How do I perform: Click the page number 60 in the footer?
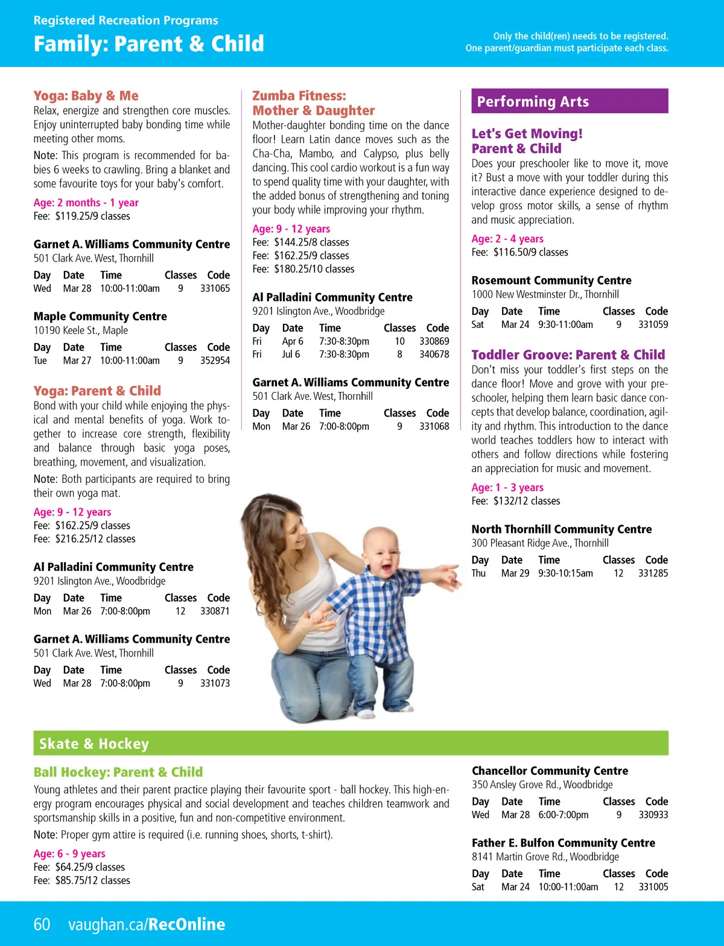click(42, 924)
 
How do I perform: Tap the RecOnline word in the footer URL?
click(186, 924)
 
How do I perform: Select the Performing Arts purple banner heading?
click(570, 101)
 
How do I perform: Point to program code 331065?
click(215, 288)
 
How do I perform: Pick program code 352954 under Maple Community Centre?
click(215, 361)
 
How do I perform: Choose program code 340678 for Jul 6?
click(434, 355)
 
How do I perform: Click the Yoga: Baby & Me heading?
click(86, 96)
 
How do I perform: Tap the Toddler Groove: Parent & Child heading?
click(568, 355)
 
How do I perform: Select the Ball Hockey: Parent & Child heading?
click(118, 772)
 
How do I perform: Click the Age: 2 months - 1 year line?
click(86, 203)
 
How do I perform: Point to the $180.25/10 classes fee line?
click(303, 269)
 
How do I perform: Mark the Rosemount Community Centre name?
click(551, 280)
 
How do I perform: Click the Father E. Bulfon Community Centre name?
click(563, 843)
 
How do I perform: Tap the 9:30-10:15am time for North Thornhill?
click(565, 573)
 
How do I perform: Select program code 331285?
click(653, 573)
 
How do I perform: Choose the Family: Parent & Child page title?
click(148, 44)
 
